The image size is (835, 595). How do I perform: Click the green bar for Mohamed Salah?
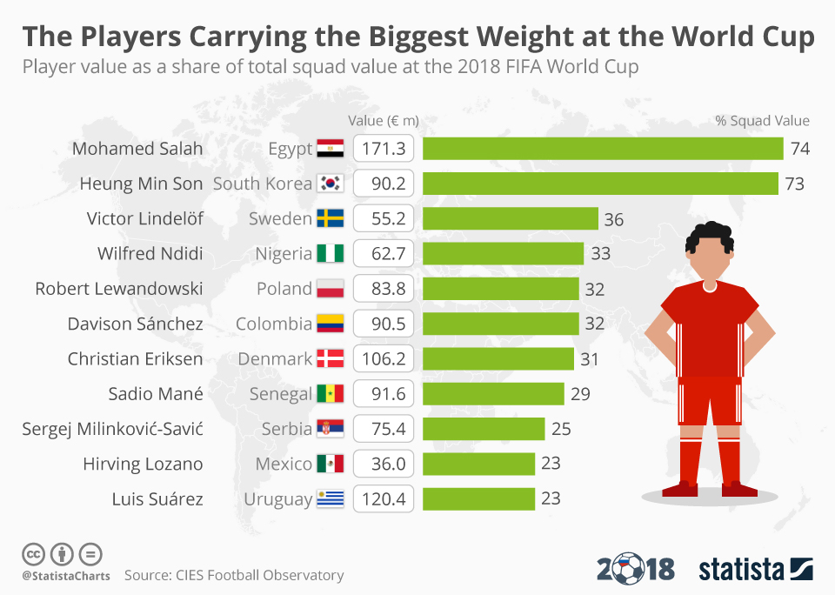[x=603, y=149]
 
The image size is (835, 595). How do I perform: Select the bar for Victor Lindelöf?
[x=511, y=218]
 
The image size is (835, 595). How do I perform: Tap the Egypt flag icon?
[x=331, y=149]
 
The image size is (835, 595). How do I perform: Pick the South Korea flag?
[x=331, y=184]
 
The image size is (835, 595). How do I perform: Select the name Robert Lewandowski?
[x=119, y=289]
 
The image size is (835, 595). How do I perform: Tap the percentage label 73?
[x=794, y=184]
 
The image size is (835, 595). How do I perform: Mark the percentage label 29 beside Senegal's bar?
[x=580, y=394]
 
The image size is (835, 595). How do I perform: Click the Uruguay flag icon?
[x=331, y=499]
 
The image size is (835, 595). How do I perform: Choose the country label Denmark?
[x=275, y=358]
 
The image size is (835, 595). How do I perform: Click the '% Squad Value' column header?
[x=762, y=121]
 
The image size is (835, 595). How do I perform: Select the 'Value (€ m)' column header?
[x=384, y=121]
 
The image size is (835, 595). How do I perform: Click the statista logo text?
[x=741, y=570]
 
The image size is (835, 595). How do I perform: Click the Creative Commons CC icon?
[x=34, y=553]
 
